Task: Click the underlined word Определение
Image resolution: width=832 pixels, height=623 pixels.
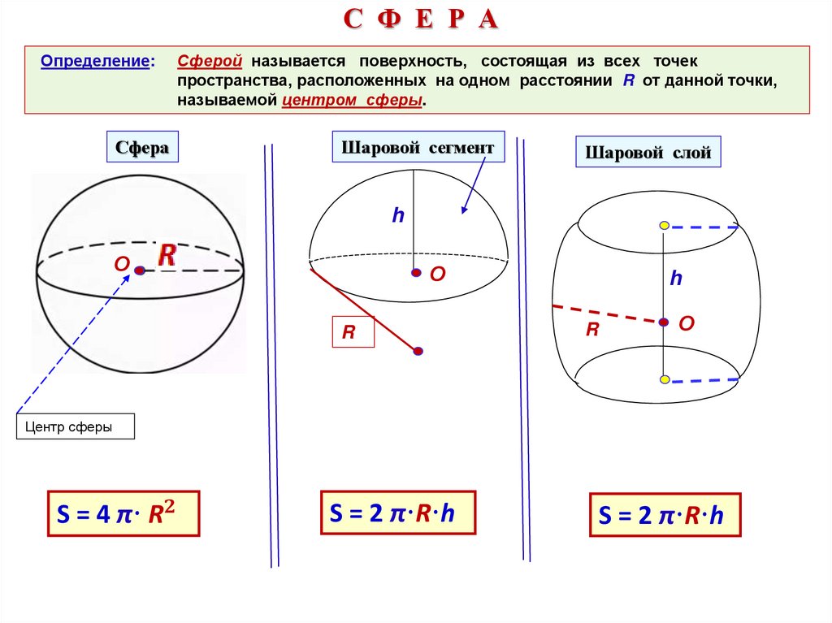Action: click(x=96, y=62)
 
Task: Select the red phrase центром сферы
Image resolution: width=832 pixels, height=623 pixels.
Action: click(x=353, y=101)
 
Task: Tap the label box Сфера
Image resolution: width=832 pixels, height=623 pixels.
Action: click(x=141, y=148)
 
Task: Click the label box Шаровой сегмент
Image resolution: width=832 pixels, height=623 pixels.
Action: click(x=418, y=148)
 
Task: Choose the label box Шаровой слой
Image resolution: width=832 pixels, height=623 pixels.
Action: click(x=648, y=152)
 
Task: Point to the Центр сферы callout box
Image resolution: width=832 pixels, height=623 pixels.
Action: click(x=75, y=427)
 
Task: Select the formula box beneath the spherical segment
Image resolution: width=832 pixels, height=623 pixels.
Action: click(x=398, y=512)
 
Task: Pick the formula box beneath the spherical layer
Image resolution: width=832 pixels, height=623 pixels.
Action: click(x=665, y=515)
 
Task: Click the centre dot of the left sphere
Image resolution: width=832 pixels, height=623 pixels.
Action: click(x=140, y=270)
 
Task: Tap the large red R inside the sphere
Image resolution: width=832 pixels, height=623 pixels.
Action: click(x=167, y=255)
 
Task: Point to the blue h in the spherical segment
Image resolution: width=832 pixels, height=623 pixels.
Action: click(x=398, y=216)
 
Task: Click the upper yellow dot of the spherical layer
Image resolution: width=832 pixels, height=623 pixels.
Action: click(x=664, y=225)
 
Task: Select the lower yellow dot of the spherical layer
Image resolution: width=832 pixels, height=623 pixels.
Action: click(x=664, y=379)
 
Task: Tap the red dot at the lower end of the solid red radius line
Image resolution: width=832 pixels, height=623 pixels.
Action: click(x=418, y=351)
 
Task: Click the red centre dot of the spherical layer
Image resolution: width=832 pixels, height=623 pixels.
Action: click(x=664, y=322)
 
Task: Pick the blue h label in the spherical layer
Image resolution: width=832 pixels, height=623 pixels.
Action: click(x=675, y=279)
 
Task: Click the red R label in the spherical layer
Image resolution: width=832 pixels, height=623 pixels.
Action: click(x=593, y=329)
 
